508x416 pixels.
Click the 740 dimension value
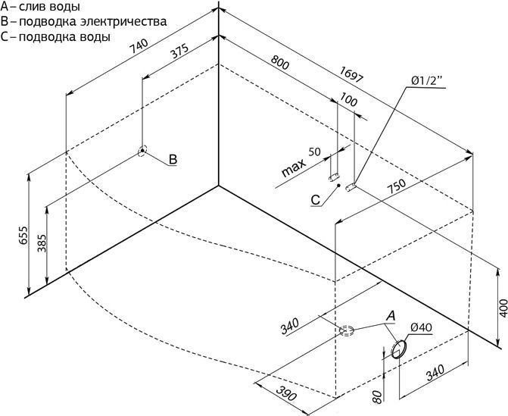(139, 46)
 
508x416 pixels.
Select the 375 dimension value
(179, 52)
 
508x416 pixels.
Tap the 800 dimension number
(279, 63)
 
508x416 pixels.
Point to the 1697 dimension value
(352, 74)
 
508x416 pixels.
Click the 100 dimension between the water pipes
(348, 99)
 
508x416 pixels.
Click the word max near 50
(294, 168)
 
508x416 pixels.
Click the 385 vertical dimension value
(42, 243)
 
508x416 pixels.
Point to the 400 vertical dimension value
(503, 308)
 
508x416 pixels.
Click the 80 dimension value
(377, 397)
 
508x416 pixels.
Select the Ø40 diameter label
(421, 327)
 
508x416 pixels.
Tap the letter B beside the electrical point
(173, 159)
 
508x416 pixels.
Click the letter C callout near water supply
(315, 200)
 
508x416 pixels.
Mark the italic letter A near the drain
(391, 315)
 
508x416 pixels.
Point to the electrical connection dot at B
(142, 151)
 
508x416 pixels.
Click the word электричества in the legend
(123, 22)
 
